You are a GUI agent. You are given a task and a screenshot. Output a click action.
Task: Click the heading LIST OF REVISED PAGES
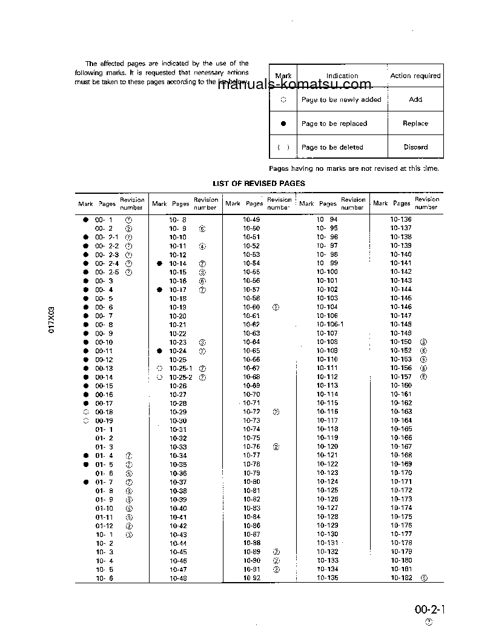tap(259, 183)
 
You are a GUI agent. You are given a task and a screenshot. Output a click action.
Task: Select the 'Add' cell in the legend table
tap(415, 99)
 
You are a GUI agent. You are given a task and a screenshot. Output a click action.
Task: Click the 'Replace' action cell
tap(415, 124)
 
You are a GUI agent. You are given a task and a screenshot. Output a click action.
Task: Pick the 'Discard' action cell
tap(415, 147)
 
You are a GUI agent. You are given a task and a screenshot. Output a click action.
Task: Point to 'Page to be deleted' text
tap(332, 147)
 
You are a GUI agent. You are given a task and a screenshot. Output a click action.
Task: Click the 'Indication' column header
tap(342, 76)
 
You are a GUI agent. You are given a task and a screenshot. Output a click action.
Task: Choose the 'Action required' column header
tap(415, 76)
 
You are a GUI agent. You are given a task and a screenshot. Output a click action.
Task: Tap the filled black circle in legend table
tap(283, 124)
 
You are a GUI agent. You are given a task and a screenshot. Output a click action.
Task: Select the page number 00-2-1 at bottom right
tap(429, 609)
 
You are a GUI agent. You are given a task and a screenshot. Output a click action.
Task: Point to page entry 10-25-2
tap(180, 377)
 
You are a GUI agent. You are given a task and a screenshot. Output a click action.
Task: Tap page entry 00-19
tap(104, 420)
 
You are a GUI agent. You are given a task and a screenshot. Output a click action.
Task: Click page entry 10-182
tap(401, 578)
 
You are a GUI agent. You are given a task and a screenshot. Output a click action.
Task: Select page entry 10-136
tap(401, 219)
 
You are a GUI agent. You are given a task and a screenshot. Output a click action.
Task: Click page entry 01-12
tap(104, 526)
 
